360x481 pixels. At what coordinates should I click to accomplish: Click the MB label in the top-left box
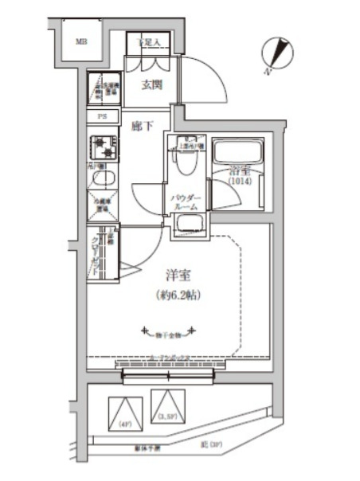click(81, 42)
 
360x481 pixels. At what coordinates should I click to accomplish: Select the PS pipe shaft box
click(102, 116)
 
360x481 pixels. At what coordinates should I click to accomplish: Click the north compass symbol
click(278, 53)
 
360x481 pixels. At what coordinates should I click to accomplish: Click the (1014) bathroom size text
click(238, 181)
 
